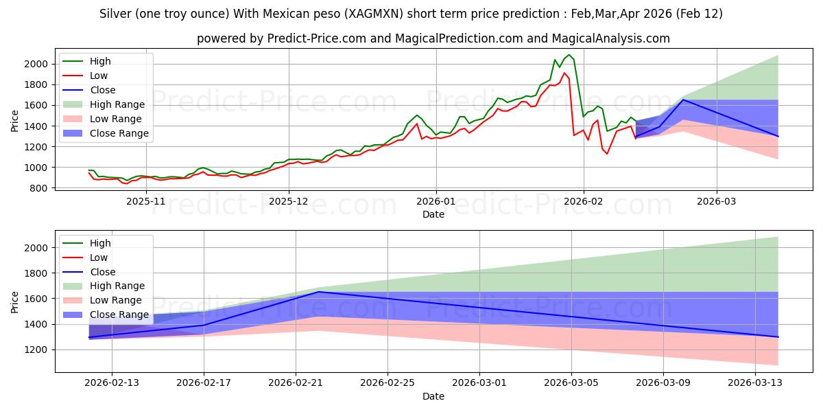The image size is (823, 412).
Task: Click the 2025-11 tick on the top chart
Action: [146, 201]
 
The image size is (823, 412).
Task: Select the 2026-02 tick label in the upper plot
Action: [584, 201]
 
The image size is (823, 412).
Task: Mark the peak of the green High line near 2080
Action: [569, 55]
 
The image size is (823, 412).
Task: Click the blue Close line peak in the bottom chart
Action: [318, 292]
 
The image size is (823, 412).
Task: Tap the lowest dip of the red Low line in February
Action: [606, 154]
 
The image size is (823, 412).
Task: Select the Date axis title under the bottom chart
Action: [433, 396]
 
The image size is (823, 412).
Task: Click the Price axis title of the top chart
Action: [15, 120]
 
